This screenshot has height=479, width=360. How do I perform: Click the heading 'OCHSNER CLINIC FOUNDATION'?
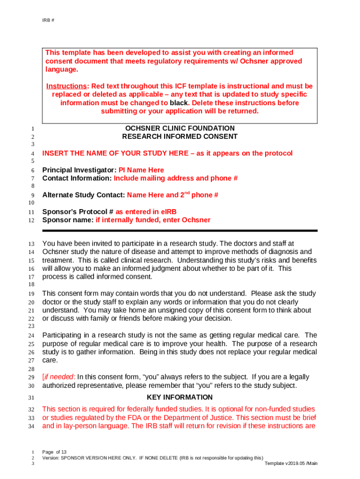[180, 128]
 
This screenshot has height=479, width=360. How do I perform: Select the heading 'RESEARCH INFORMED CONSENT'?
[180, 137]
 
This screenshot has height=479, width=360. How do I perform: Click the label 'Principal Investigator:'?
[76, 170]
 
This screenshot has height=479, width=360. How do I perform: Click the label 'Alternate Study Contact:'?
[84, 195]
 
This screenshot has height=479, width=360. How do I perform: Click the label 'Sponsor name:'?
[68, 220]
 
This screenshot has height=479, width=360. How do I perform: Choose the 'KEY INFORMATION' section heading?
[180, 397]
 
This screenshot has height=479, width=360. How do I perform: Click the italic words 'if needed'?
[59, 377]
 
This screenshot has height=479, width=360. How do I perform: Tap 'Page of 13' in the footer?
[54, 452]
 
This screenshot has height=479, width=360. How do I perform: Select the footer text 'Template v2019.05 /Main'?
[291, 463]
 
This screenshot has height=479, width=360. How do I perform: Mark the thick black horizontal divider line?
[180, 231]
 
